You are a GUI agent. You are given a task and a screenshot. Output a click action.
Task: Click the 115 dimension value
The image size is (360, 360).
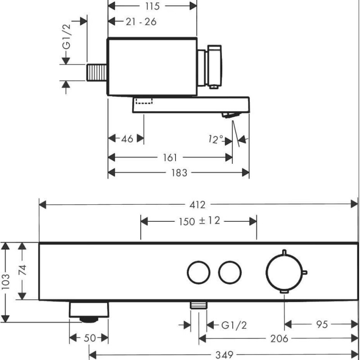152,6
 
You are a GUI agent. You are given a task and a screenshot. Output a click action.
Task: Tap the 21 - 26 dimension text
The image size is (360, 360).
141,22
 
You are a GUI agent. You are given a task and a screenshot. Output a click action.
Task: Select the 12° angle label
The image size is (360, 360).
216,139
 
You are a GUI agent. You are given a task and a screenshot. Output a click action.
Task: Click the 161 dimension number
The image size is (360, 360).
170,158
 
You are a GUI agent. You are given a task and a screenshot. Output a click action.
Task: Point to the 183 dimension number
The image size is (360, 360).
179,173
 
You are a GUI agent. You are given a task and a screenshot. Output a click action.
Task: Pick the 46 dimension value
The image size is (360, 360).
127,139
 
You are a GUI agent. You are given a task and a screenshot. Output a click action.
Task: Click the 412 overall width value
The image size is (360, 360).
198,205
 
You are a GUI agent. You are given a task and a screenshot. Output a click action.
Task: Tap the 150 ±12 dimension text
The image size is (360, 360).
199,221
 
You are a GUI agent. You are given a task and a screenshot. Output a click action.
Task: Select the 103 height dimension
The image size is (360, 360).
5,282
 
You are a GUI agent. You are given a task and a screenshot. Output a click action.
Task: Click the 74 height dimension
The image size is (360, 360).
22,270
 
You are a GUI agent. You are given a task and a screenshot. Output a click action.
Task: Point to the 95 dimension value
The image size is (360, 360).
322,324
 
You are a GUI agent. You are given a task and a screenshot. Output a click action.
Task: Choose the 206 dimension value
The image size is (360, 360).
279,339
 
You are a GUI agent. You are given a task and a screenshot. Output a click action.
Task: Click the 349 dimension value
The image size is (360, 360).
224,355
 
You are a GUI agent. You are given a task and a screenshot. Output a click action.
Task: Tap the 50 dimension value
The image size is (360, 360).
90,338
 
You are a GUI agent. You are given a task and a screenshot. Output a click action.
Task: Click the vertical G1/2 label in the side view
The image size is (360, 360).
67,37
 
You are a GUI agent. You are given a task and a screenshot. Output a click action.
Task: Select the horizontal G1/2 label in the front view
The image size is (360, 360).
234,325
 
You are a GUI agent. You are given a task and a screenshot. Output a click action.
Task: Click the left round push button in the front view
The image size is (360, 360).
198,273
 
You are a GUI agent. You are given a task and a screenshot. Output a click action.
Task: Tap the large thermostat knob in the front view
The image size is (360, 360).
285,273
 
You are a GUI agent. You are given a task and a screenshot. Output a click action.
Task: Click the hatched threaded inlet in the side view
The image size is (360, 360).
96,72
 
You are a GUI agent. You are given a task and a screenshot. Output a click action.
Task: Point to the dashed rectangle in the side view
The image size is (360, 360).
144,101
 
